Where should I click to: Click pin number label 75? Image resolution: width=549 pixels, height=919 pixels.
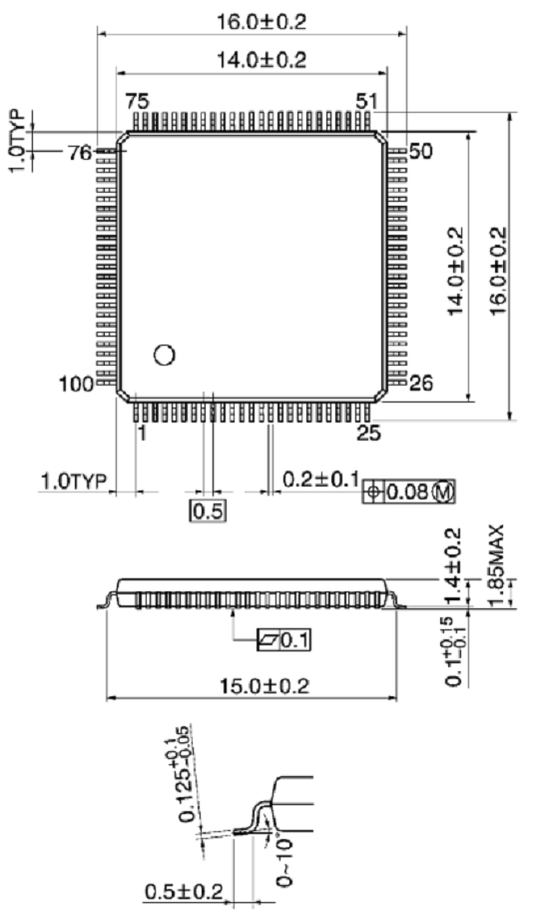(138, 102)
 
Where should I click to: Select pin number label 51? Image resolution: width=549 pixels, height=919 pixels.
(367, 102)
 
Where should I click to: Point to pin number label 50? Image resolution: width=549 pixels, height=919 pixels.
(419, 152)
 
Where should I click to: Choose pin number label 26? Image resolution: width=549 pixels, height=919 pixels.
(421, 383)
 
